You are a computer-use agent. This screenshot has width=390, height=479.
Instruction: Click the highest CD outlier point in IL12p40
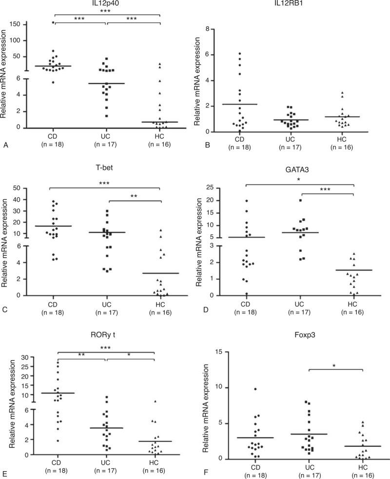(x=53, y=22)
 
